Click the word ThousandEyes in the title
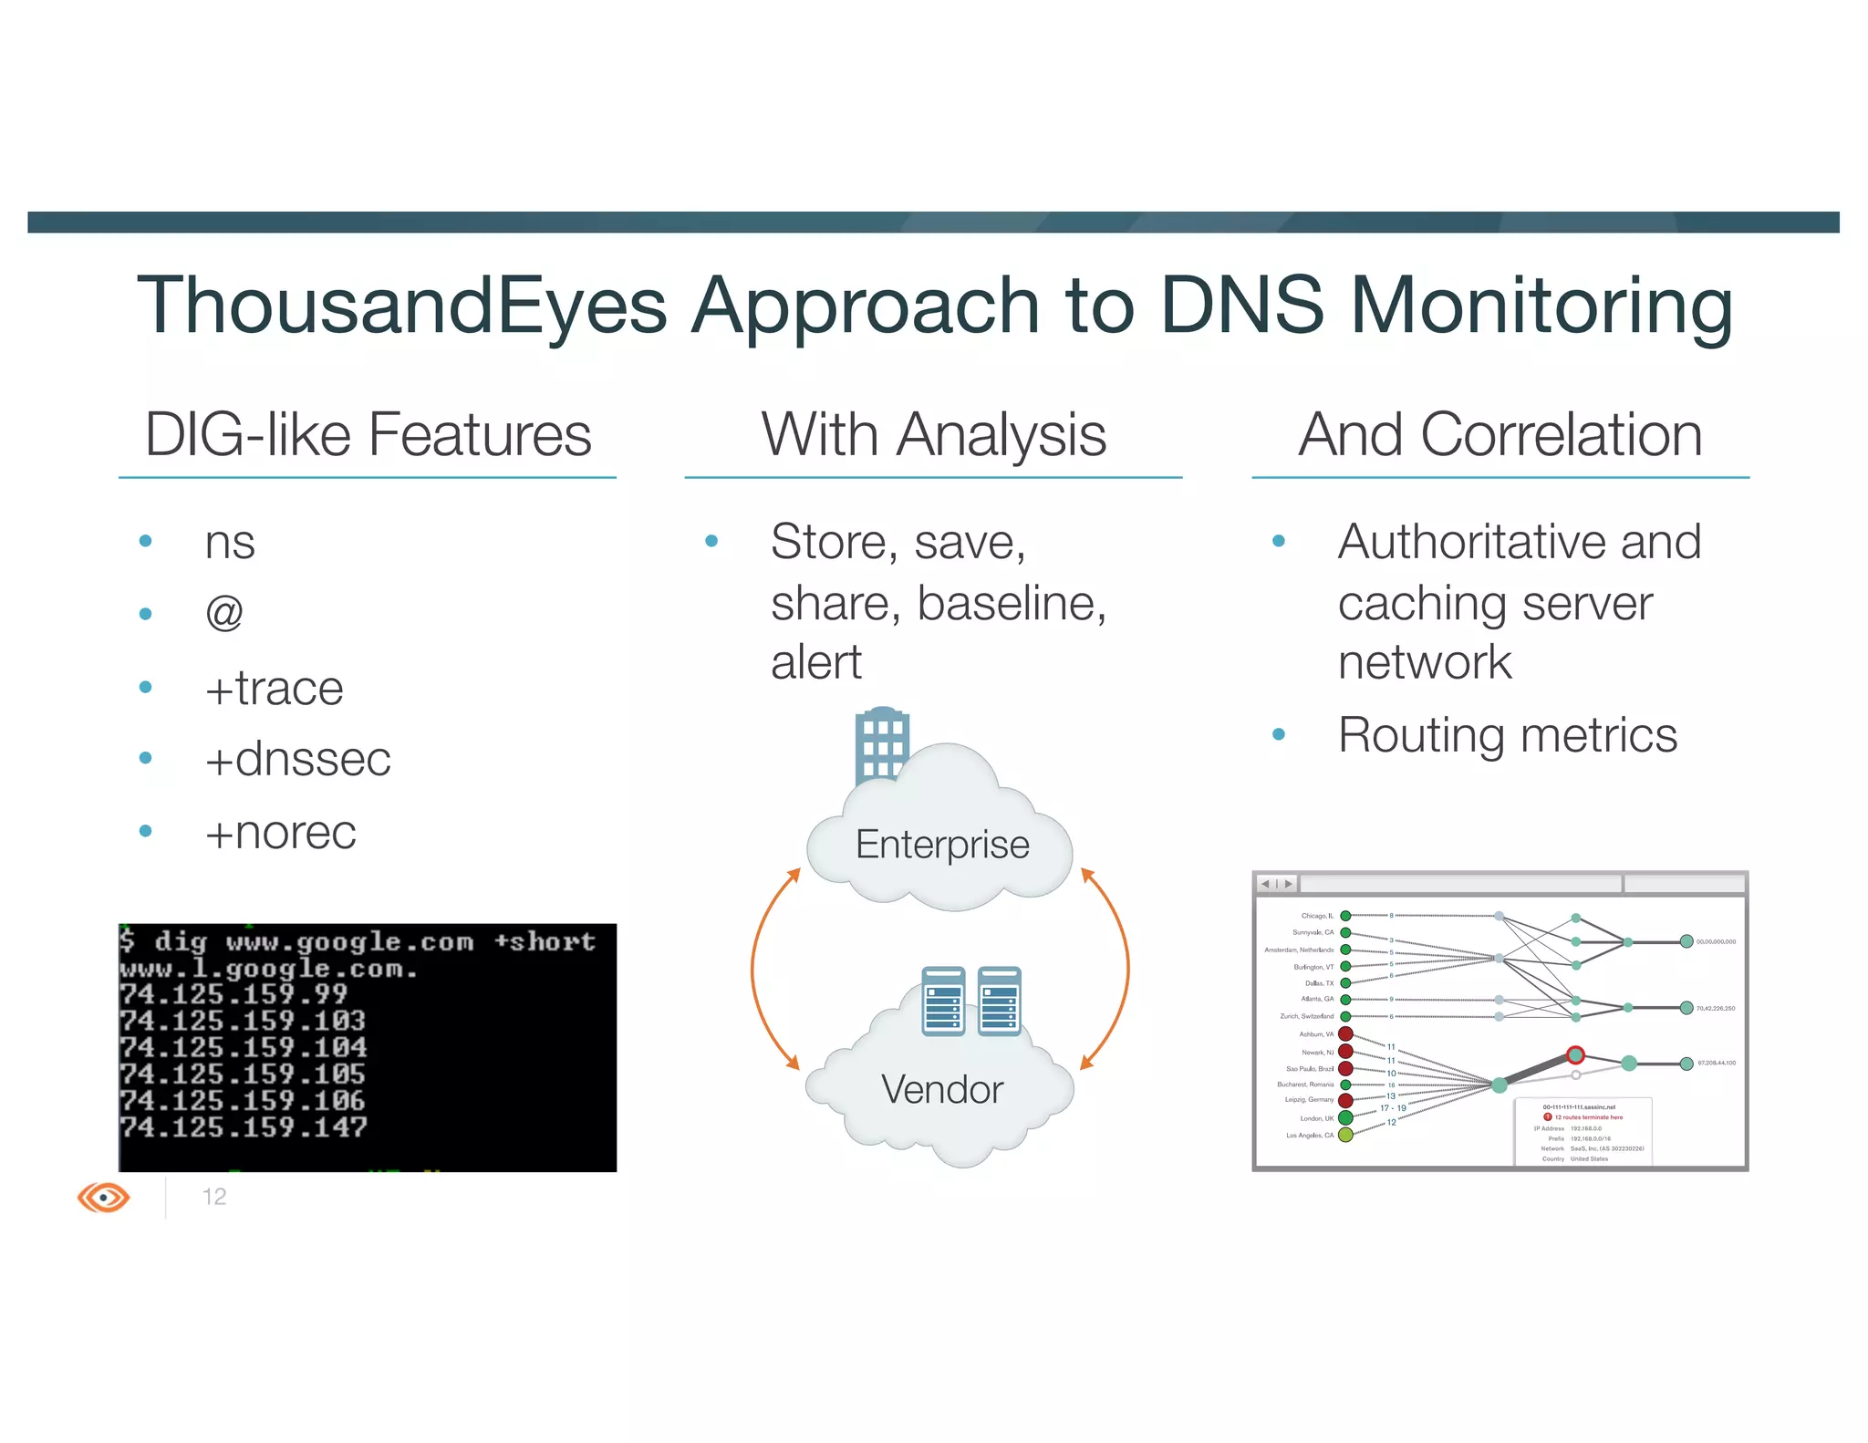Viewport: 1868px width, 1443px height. pyautogui.click(x=401, y=306)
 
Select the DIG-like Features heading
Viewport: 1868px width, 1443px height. pyautogui.click(x=368, y=435)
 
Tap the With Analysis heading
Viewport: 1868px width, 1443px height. pyautogui.click(x=933, y=435)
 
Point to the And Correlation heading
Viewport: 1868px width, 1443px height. pyautogui.click(x=1500, y=435)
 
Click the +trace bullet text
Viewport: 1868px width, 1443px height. pyautogui.click(x=274, y=688)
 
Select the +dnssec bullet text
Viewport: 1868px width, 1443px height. pyautogui.click(x=297, y=759)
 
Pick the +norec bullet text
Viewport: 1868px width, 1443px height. pyautogui.click(x=280, y=832)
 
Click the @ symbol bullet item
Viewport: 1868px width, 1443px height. pyautogui.click(x=224, y=612)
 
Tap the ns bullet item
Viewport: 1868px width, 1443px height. pyautogui.click(x=230, y=543)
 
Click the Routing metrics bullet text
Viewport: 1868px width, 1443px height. pyautogui.click(x=1507, y=735)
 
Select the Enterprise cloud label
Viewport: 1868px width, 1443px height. pyautogui.click(x=941, y=845)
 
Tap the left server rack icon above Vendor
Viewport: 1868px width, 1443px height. pyautogui.click(x=943, y=1002)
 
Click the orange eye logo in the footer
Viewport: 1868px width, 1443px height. pyautogui.click(x=104, y=1197)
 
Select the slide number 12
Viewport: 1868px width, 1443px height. pyautogui.click(x=214, y=1197)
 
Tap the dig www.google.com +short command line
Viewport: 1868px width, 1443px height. pyautogui.click(x=358, y=940)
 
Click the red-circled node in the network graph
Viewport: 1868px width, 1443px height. pyautogui.click(x=1575, y=1055)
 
